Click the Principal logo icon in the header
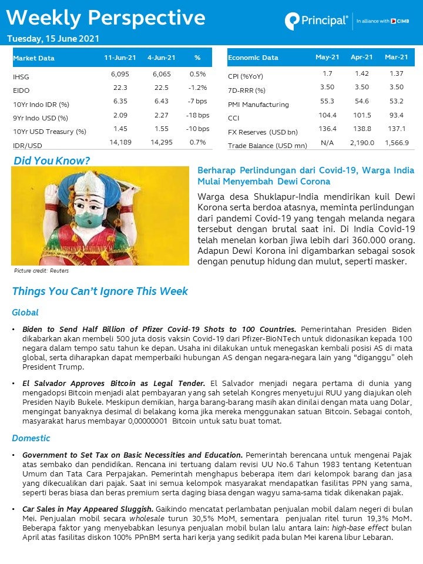click(292, 21)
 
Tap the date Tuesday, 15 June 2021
click(53, 39)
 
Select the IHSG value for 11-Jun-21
click(120, 75)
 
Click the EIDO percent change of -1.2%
click(197, 88)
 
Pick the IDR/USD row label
click(28, 145)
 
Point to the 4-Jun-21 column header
click(162, 58)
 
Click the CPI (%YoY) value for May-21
click(327, 74)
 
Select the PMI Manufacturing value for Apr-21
click(361, 102)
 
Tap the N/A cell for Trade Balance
click(327, 143)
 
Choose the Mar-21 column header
click(396, 57)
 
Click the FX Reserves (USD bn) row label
click(263, 132)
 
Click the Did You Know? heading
click(52, 160)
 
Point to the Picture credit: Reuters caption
click(41, 271)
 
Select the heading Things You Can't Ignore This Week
click(100, 291)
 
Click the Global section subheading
click(25, 313)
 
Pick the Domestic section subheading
click(31, 438)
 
